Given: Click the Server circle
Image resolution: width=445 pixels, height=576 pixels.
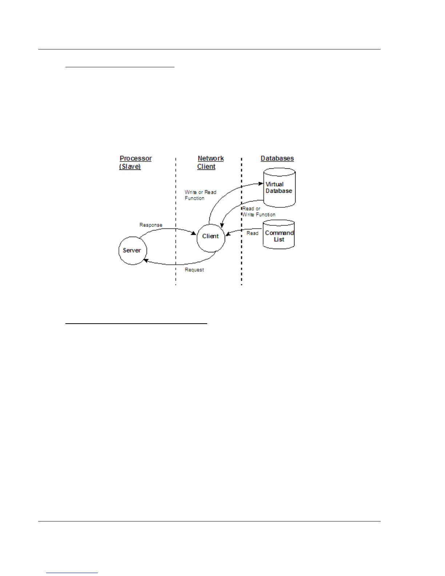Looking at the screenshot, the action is point(132,251).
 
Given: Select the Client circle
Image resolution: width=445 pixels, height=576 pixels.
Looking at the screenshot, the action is point(211,236).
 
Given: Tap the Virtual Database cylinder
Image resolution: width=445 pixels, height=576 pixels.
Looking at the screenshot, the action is point(279,188).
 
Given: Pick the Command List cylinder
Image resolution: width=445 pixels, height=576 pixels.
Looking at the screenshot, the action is point(278,235).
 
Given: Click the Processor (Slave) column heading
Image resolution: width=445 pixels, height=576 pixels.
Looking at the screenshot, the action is point(135,163).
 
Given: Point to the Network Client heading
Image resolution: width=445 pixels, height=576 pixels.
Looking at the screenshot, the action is point(210,163).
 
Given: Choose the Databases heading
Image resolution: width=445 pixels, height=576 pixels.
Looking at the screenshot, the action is point(277,159).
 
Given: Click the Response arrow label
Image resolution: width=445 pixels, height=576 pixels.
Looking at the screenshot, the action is point(151,225).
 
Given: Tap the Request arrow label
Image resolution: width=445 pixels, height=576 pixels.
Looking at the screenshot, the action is point(194,270).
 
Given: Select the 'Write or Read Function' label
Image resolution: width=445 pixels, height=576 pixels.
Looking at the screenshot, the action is point(200,195).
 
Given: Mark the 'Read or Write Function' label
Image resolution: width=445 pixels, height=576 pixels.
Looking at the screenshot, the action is point(258,212).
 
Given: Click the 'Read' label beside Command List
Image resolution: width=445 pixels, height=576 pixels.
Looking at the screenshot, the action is point(252,233).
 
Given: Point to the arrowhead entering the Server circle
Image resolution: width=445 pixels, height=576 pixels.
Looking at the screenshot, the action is point(146,260).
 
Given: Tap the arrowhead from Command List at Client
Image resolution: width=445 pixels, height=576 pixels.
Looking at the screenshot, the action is point(228,234).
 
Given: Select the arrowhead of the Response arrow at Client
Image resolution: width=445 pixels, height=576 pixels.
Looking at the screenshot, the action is point(194,233).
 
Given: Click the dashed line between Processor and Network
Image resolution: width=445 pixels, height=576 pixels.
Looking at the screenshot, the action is point(176,218).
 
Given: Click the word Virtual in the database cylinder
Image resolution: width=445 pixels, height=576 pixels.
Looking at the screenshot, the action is point(274,184).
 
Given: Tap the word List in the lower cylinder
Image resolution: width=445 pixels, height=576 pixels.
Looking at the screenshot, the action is point(279,240).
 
